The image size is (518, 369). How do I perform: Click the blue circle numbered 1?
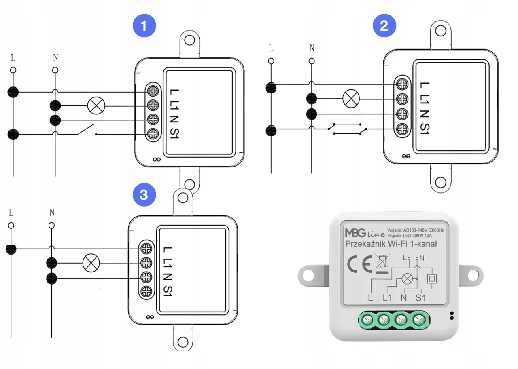[144, 26]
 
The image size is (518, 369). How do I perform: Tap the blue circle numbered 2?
[384, 26]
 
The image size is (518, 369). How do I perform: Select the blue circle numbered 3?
[144, 195]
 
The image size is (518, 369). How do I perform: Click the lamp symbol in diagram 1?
[96, 106]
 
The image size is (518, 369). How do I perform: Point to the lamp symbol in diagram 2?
[350, 98]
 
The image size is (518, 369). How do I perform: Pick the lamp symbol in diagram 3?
[91, 264]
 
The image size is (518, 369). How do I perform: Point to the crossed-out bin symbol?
[381, 263]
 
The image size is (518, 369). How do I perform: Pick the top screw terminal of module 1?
[153, 89]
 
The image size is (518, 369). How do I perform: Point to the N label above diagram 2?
[312, 48]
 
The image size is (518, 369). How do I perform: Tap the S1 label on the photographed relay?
[421, 299]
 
